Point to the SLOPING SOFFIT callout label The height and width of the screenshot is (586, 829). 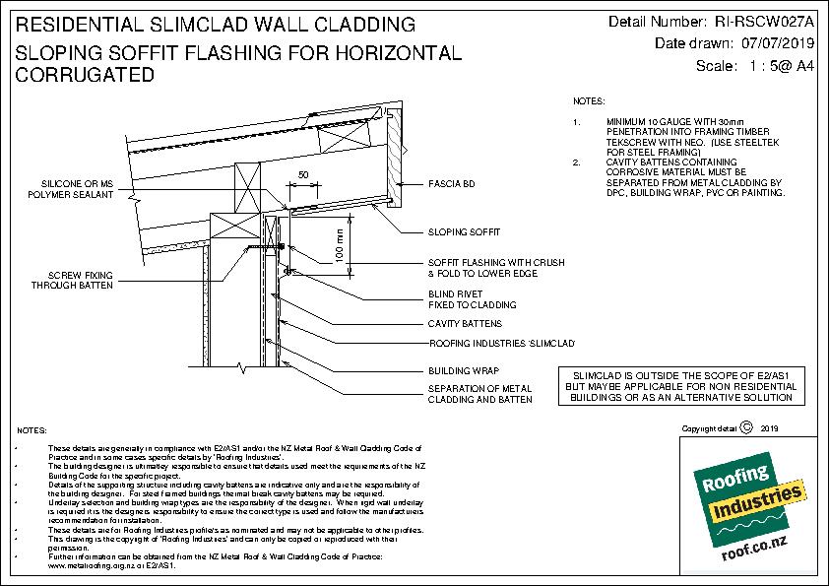tap(464, 232)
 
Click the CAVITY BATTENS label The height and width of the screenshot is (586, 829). tap(465, 323)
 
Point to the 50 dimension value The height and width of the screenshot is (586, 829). tap(303, 174)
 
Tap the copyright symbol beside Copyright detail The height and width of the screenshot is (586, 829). tap(745, 427)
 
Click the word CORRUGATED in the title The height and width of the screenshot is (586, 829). tap(85, 75)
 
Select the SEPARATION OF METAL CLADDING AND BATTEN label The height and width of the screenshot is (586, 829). tap(480, 394)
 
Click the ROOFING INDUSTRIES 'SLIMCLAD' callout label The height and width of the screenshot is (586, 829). tap(501, 343)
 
